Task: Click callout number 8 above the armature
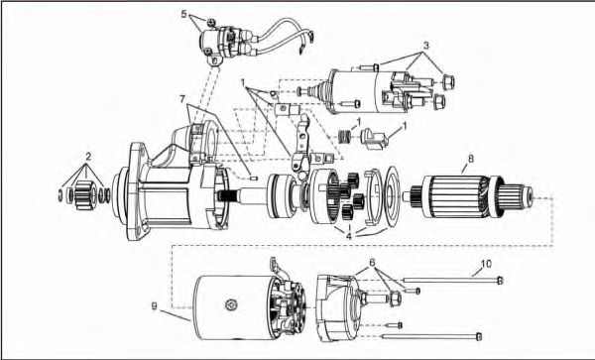471,159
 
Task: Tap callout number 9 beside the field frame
154,305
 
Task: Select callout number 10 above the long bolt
486,264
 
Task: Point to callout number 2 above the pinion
88,156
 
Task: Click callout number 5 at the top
184,15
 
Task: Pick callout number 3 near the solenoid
426,46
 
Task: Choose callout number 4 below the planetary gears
348,236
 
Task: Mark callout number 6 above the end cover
372,262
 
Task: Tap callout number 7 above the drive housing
182,99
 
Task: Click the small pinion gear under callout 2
82,195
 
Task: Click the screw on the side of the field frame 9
231,303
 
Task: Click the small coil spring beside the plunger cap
344,136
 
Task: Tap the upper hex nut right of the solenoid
448,82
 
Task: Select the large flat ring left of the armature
392,197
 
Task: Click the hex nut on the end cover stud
395,299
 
